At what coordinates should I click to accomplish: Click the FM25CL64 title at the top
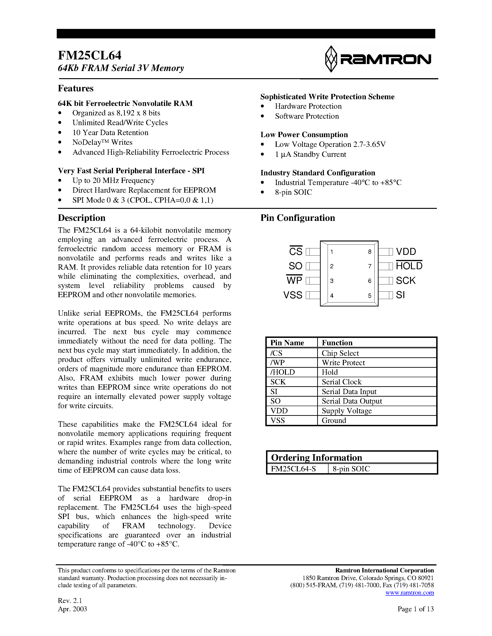click(x=89, y=55)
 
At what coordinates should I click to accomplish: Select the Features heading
click(x=75, y=88)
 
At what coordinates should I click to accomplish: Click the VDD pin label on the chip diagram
click(x=406, y=252)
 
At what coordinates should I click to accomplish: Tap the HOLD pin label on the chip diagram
click(x=409, y=266)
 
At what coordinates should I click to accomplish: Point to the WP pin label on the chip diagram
click(x=294, y=281)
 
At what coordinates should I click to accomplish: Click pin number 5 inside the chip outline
click(x=370, y=296)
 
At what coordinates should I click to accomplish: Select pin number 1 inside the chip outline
click(x=332, y=252)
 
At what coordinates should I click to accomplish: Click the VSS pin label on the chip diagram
click(x=293, y=295)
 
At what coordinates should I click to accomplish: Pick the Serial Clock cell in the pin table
click(x=341, y=382)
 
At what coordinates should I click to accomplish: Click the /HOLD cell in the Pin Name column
click(x=282, y=372)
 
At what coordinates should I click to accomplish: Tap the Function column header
click(x=337, y=343)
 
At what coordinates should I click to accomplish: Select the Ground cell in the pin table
click(x=334, y=420)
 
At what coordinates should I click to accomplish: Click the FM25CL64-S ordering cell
click(x=293, y=469)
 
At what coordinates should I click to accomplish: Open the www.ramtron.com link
click(x=410, y=593)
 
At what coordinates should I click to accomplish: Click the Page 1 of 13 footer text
click(x=416, y=609)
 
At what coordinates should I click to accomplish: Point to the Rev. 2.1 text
click(x=70, y=600)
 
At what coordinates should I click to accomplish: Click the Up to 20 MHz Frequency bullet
click(x=113, y=181)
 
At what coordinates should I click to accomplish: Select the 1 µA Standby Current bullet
click(x=310, y=154)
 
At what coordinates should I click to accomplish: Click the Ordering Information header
click(x=317, y=458)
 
